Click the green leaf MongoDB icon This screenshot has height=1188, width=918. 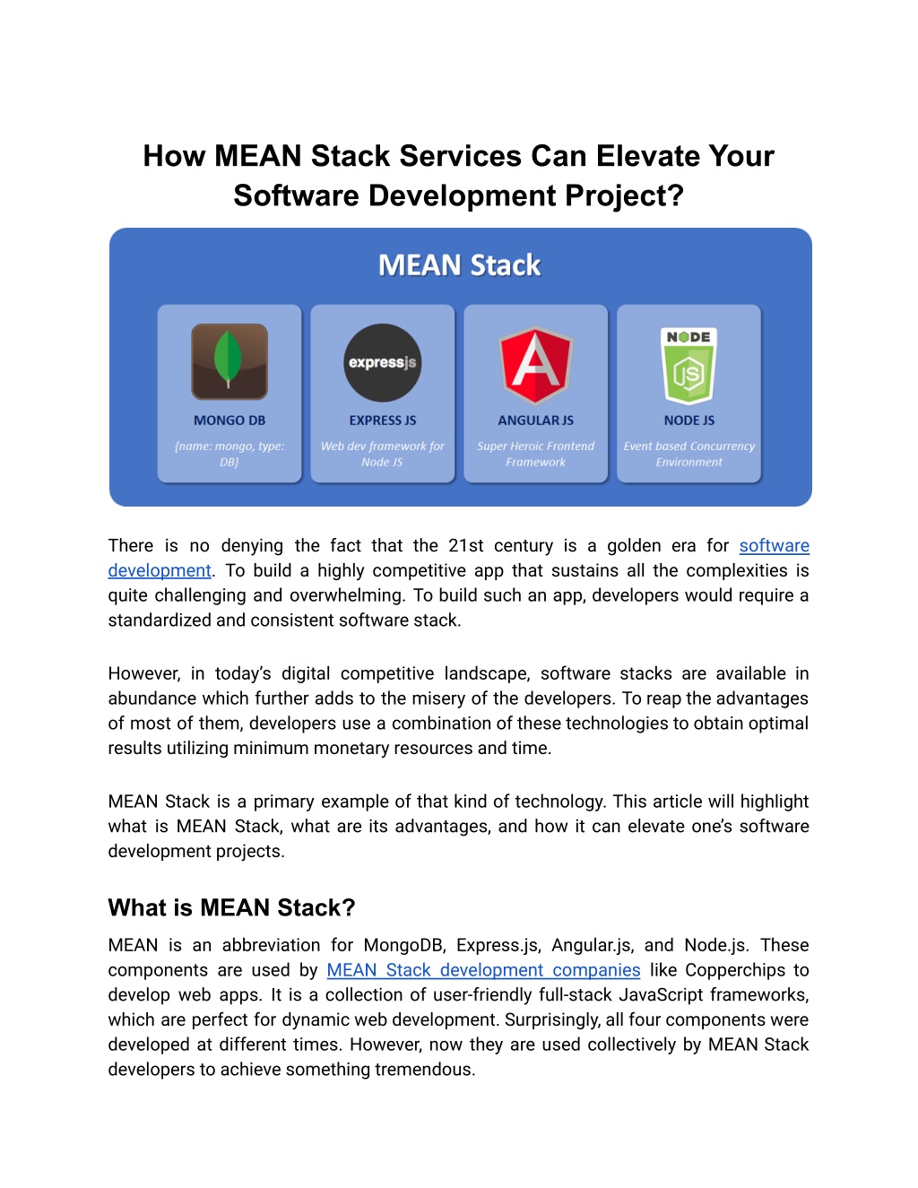(229, 360)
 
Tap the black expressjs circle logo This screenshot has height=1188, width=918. (383, 362)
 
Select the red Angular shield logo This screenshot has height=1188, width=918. (536, 365)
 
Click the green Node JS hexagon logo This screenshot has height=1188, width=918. (688, 365)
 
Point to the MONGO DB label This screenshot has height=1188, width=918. (229, 421)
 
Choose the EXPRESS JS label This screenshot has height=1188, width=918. (383, 421)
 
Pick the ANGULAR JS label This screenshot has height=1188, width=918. (536, 421)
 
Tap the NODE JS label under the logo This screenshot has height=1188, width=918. (688, 421)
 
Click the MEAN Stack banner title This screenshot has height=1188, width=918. (459, 265)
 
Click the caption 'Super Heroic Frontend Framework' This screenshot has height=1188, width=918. (536, 454)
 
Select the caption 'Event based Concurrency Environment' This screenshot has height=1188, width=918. (688, 454)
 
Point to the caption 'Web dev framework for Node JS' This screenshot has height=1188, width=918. (383, 454)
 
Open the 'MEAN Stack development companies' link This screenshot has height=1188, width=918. (483, 970)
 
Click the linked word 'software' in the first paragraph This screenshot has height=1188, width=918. (774, 546)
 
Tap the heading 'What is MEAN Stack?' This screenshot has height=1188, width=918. (231, 908)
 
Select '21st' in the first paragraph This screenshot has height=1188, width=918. (466, 546)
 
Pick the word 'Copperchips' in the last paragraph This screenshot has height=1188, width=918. (735, 970)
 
